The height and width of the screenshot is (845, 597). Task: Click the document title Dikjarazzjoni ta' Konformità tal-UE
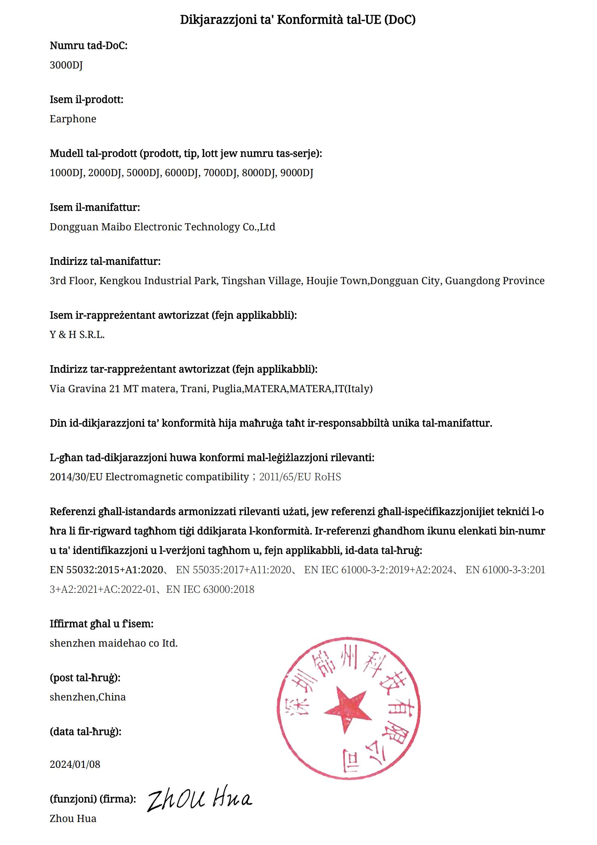(x=298, y=20)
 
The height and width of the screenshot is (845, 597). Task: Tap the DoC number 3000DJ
(x=66, y=65)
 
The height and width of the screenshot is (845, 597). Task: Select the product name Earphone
(x=73, y=119)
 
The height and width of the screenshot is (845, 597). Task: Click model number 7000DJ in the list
(x=221, y=173)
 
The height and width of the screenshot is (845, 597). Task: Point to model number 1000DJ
(x=67, y=173)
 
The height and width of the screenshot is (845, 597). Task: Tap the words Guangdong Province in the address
(x=495, y=280)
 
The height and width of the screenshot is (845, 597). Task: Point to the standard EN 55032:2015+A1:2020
(x=106, y=570)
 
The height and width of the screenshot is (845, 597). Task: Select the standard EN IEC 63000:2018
(x=210, y=589)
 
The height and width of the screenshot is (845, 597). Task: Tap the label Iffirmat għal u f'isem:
(x=102, y=624)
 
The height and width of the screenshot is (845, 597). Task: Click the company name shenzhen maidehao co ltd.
(x=114, y=643)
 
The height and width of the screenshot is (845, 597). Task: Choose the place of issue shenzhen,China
(x=88, y=697)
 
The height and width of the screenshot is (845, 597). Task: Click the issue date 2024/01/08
(x=75, y=764)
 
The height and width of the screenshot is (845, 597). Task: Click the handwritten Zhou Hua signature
(x=199, y=800)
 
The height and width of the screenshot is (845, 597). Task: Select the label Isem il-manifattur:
(x=95, y=207)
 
